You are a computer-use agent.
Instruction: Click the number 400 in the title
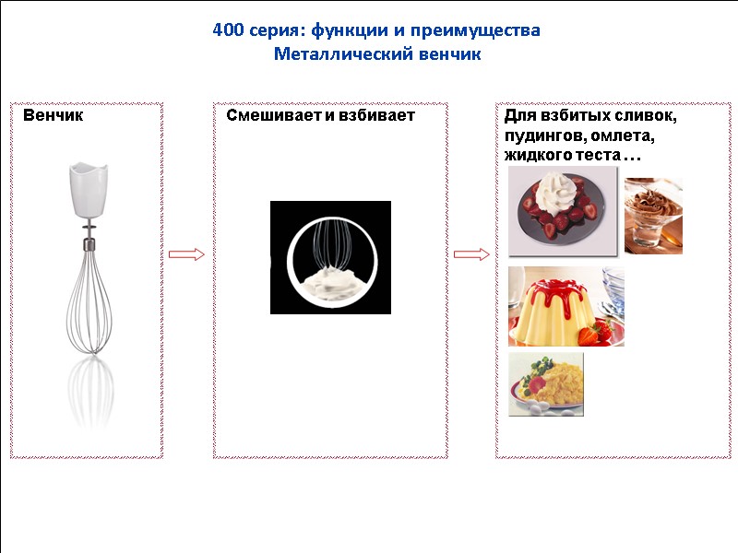228,31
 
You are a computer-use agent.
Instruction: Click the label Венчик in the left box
53,116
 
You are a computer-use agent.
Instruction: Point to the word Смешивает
269,116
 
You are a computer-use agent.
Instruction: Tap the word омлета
617,137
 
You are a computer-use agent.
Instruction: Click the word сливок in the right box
643,117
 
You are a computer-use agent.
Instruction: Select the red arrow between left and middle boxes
186,254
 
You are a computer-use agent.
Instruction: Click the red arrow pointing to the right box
471,254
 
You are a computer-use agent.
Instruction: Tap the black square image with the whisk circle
330,257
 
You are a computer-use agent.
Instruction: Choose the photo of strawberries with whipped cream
563,211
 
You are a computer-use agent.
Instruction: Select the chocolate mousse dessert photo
653,216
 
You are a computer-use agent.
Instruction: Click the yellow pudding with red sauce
565,307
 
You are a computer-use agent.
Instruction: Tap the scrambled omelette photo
546,384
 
